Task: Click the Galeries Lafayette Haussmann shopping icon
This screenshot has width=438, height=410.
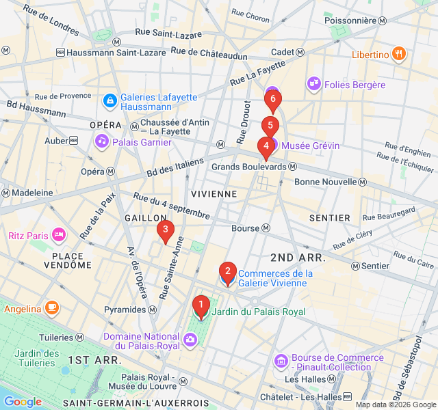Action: point(109,101)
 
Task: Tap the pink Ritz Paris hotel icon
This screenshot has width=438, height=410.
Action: point(59,236)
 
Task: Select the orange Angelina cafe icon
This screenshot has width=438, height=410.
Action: point(52,309)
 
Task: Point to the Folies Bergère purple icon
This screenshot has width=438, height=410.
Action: point(314,84)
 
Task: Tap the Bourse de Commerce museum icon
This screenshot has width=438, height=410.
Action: point(281,361)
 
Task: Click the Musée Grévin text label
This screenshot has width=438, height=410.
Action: point(310,146)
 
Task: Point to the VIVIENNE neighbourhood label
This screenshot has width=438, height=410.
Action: point(214,194)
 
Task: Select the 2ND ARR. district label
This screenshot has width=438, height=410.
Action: point(298,258)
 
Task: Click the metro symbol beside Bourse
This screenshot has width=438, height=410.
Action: point(266,228)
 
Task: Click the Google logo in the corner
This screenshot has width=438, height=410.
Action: point(23,402)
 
